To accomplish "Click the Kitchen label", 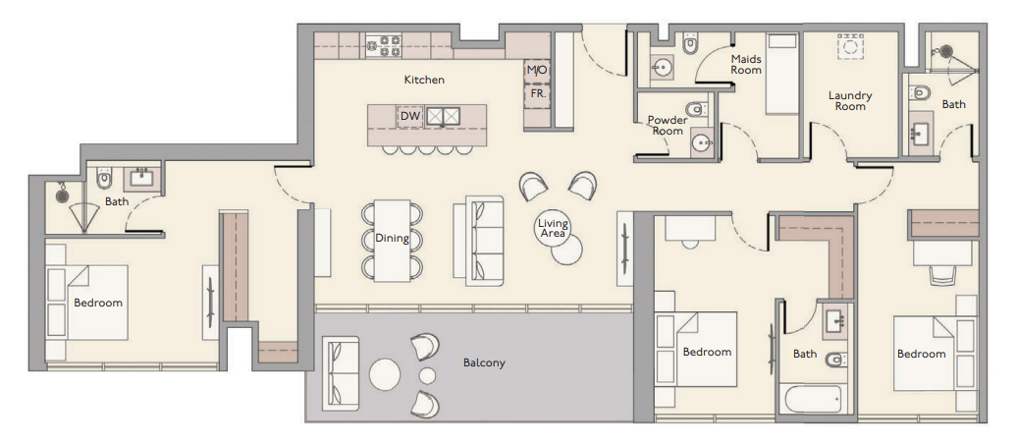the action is [424, 80].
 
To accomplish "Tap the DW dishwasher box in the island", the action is [410, 117].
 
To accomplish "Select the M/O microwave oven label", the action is [536, 70].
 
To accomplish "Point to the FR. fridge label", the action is [538, 92].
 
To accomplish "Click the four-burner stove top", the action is [384, 45].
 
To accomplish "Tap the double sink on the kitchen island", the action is [443, 116].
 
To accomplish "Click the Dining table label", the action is [392, 238].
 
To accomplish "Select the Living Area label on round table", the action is [553, 228].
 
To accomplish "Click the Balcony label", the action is [484, 362].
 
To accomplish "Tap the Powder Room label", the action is [668, 125].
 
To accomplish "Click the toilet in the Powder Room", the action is [695, 108].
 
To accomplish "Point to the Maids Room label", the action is [746, 64].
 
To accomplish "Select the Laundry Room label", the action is [850, 100].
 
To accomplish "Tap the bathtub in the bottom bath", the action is [813, 398].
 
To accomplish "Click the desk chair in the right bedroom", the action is [943, 274].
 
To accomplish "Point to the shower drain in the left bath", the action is [62, 194].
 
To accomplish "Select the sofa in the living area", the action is [478, 241].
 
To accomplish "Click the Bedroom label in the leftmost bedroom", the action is [98, 303].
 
